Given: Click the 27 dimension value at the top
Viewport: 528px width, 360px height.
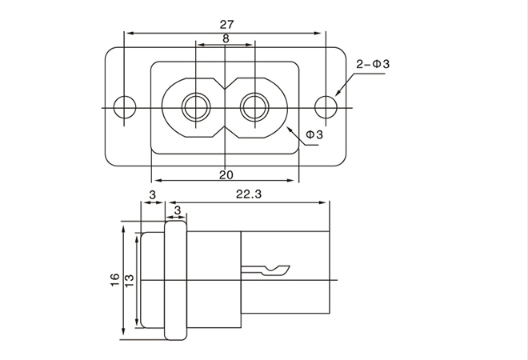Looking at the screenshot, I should tap(226, 24).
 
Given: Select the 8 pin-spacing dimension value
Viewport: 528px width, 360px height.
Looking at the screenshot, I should tap(226, 38).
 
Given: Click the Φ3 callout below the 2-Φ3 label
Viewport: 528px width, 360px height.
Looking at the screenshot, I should tap(314, 135).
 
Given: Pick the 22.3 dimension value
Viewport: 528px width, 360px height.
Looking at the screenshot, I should tap(250, 194).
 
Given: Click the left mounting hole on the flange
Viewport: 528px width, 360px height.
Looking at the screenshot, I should tap(126, 106).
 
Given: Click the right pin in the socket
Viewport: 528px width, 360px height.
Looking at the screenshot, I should tap(255, 106).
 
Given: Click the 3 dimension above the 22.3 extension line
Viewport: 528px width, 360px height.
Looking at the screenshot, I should tap(177, 210).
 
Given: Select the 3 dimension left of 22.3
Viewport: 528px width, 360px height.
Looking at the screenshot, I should tap(152, 194).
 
